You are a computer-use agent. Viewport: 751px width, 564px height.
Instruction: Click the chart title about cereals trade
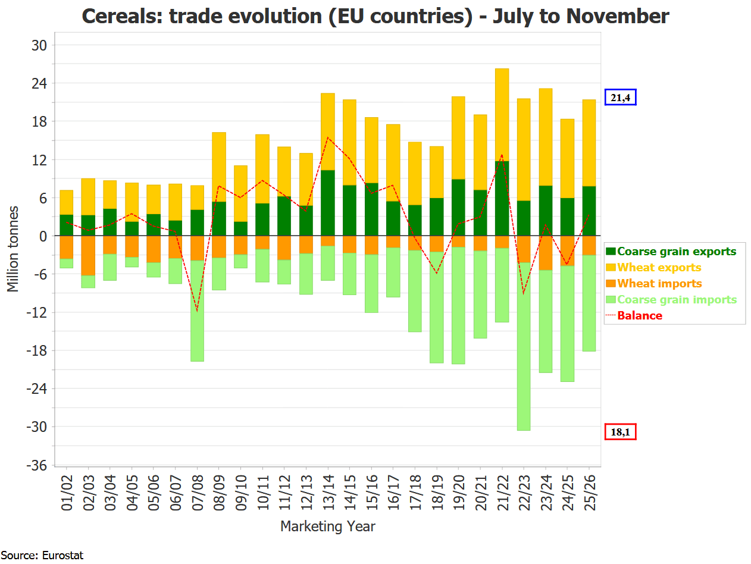[375, 16]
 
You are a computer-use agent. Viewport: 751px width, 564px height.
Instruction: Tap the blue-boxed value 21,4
[621, 98]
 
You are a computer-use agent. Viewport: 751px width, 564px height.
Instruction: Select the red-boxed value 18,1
[621, 432]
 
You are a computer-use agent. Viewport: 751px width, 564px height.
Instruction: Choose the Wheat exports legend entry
[659, 268]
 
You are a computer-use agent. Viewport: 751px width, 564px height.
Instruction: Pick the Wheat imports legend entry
[659, 284]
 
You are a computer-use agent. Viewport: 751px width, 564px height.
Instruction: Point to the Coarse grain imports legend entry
[677, 300]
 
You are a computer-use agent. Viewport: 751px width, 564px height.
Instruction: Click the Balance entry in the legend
[640, 316]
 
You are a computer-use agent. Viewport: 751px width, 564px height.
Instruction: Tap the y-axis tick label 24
[40, 83]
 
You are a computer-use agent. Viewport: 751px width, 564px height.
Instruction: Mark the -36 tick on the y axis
[37, 465]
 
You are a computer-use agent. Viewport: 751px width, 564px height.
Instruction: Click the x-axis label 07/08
[198, 493]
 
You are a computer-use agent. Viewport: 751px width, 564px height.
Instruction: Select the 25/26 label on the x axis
[589, 493]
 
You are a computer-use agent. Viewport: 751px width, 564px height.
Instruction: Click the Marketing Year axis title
[327, 527]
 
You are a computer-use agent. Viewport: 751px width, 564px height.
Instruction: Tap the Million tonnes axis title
[13, 249]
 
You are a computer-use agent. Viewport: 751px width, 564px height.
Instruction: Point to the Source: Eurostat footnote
[42, 556]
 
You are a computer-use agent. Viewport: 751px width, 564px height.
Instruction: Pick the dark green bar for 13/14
[328, 203]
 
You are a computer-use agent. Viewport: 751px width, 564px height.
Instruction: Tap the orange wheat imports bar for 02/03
[88, 256]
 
